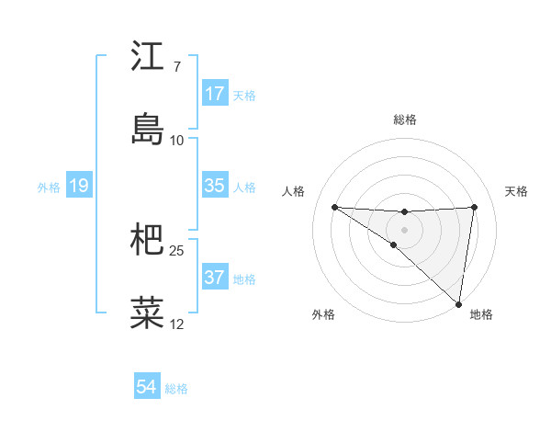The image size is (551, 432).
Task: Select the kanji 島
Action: [x=147, y=129]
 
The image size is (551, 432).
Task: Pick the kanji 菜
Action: [x=147, y=313]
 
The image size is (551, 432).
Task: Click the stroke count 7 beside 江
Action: [x=176, y=67]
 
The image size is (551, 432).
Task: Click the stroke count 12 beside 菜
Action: [x=176, y=324]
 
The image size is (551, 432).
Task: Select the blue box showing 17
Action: [x=214, y=94]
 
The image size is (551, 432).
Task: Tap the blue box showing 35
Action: [x=214, y=186]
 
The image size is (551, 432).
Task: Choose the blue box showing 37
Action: [x=214, y=278]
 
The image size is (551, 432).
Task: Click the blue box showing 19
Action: [x=78, y=186]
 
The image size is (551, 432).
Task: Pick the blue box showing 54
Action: [x=146, y=387]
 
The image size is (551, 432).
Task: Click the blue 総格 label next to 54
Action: [x=176, y=389]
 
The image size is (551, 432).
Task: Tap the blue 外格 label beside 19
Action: [x=49, y=188]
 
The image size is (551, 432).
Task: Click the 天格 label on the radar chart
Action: [x=517, y=191]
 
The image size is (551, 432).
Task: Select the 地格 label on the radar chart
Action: [x=481, y=314]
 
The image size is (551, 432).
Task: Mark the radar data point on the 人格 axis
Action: [x=334, y=206]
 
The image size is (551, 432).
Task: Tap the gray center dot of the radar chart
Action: [x=404, y=229]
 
